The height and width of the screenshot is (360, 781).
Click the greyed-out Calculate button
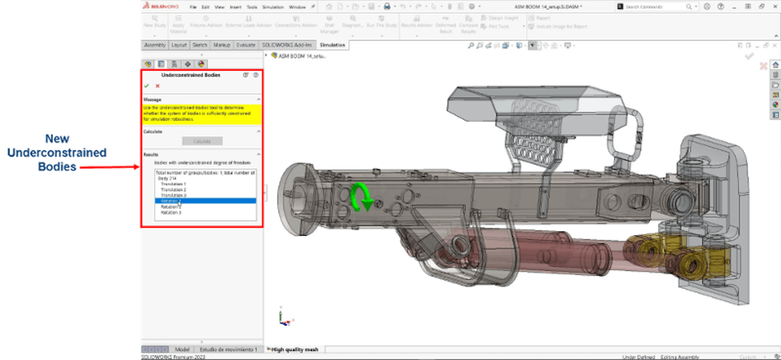(202, 141)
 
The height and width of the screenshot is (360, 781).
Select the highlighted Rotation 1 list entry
(171, 201)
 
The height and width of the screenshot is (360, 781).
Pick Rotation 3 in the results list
(171, 213)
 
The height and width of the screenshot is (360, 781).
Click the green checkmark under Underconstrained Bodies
(147, 86)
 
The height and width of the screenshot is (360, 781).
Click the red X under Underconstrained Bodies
(157, 86)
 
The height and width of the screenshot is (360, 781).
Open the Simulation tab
(332, 45)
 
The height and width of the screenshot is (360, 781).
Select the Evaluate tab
(245, 45)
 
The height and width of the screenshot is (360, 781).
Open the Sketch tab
(200, 45)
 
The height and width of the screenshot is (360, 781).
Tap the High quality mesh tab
(295, 349)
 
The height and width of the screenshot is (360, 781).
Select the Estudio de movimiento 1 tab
(228, 349)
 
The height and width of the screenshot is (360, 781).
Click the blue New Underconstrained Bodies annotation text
(58, 152)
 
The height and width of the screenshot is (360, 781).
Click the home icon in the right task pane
(775, 65)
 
